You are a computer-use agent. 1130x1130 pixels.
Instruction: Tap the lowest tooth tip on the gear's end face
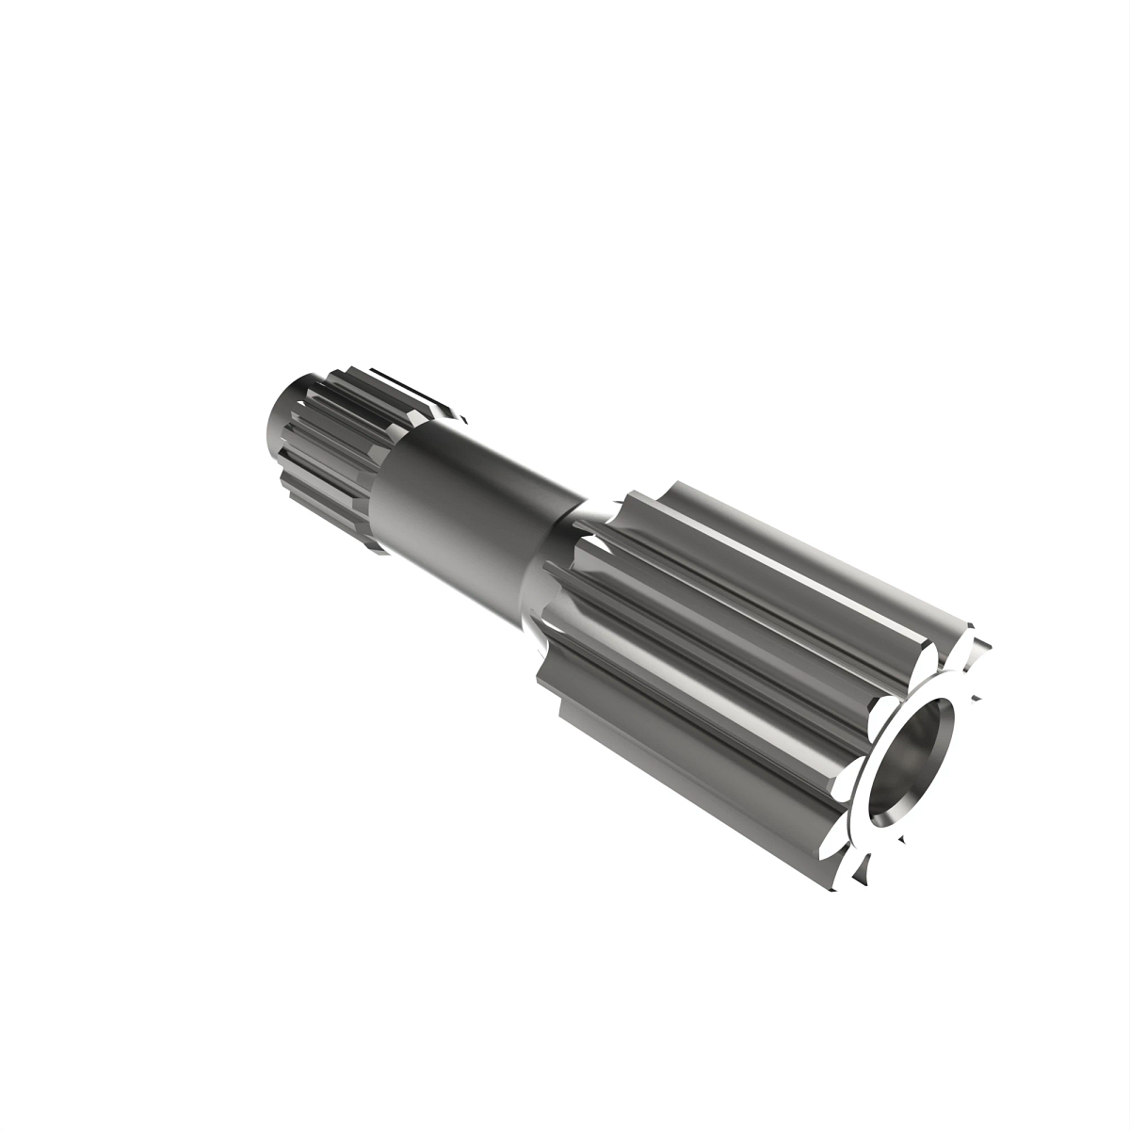[852, 885]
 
